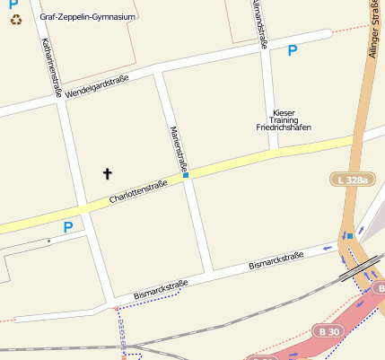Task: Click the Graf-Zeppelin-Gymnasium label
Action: point(88,16)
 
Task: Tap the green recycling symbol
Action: point(15,17)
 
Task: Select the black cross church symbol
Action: point(108,172)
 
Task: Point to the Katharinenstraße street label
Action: point(50,67)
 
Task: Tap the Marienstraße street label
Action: point(178,147)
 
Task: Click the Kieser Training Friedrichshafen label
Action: point(282,120)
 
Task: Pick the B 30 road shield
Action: point(329,331)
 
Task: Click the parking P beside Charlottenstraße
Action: point(67,228)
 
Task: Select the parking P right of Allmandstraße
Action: point(292,51)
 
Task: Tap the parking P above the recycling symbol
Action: point(13,4)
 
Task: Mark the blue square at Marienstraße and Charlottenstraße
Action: point(186,175)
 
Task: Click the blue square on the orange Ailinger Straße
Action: point(350,235)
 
